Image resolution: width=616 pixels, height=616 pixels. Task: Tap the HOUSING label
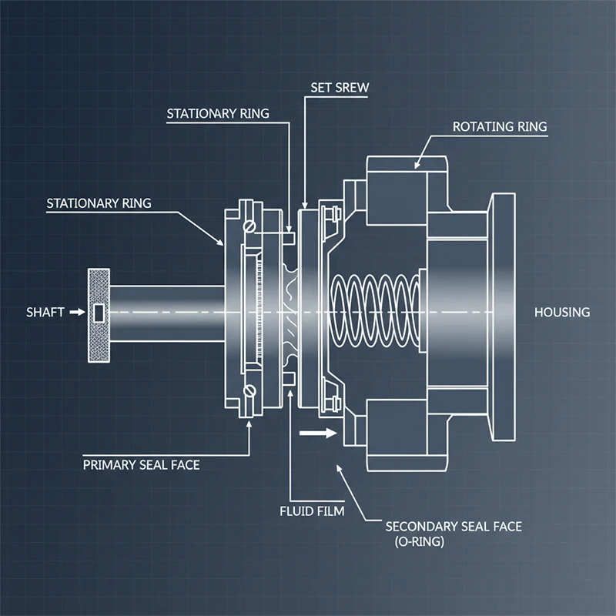point(562,313)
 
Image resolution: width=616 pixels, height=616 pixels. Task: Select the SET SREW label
point(340,88)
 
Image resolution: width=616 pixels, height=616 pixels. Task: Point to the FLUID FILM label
point(312,510)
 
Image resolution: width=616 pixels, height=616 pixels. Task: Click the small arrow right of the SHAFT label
point(75,313)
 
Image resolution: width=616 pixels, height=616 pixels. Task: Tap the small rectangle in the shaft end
point(98,313)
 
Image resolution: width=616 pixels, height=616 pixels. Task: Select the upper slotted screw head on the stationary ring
point(248,227)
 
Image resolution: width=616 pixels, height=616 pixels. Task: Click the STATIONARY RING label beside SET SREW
point(218,114)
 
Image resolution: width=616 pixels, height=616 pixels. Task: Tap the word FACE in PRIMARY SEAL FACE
point(184,465)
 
